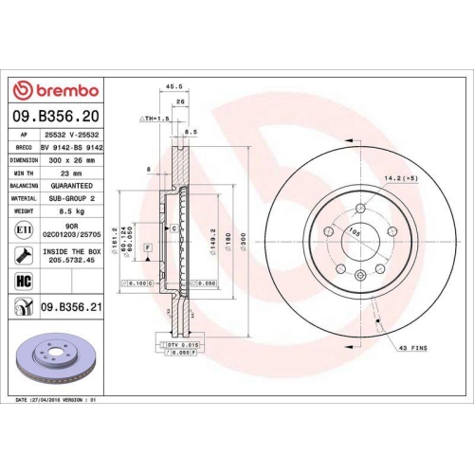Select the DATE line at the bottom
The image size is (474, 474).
(x=57, y=402)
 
